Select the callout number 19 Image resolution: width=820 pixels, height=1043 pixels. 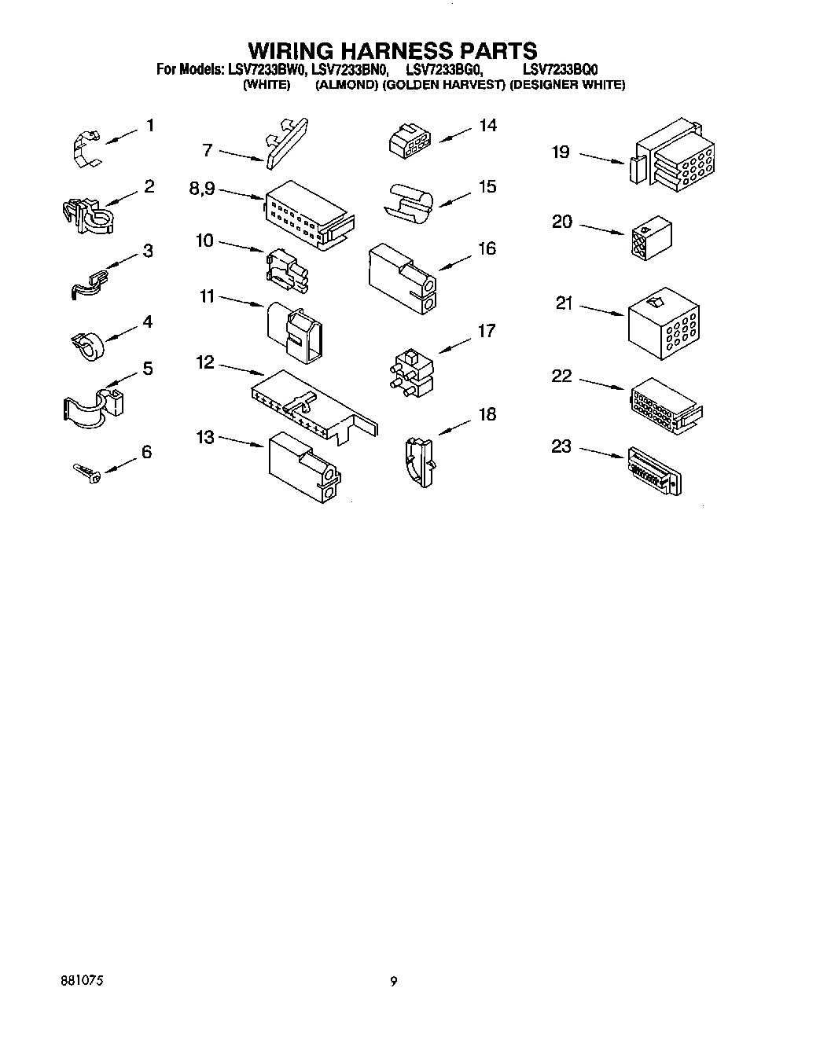pos(561,152)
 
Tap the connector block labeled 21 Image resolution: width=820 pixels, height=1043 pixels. pos(664,320)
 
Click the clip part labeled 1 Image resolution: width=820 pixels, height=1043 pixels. pos(86,147)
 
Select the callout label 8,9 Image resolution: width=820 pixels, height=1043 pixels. pos(202,189)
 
